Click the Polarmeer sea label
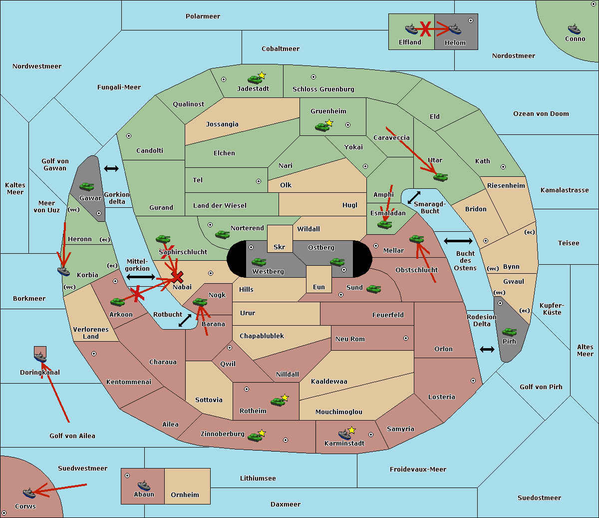coord(203,16)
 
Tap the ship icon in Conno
coord(574,29)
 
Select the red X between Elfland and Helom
coord(425,29)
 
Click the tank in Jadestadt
coord(255,79)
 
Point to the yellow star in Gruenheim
coord(329,123)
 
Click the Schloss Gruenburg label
coord(323,89)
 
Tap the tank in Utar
coord(440,177)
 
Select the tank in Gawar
coord(87,187)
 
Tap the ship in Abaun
coord(144,485)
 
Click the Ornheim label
coord(185,495)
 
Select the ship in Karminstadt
coord(345,435)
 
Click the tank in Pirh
coord(510,332)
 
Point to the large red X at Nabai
coord(177,277)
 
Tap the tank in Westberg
coord(259,262)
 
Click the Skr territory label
coord(280,247)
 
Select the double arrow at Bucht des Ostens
coord(458,241)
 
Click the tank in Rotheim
coord(278,401)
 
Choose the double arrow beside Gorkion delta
coord(111,169)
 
